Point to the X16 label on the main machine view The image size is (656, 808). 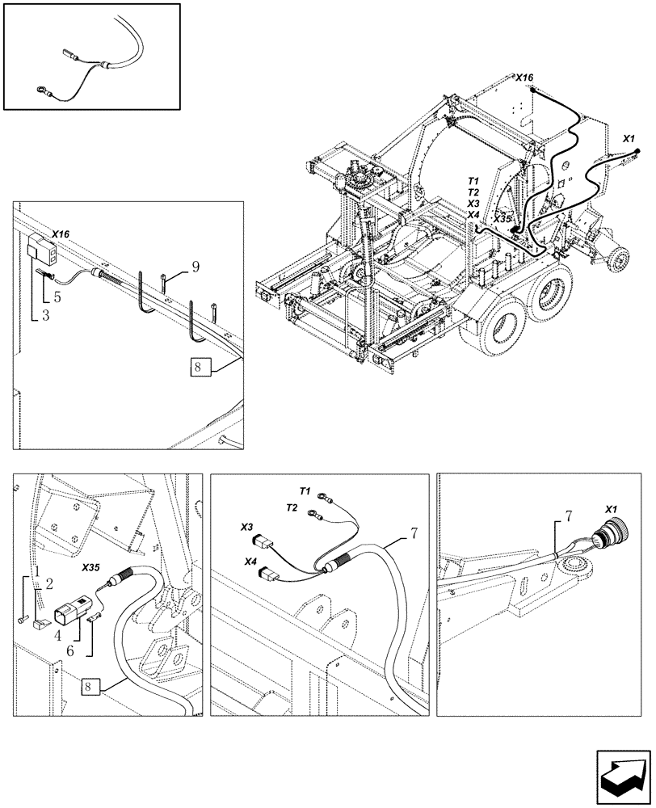tap(525, 78)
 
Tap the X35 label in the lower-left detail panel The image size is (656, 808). tap(91, 567)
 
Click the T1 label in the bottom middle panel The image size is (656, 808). tap(305, 490)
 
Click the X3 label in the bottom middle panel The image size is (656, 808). tap(246, 526)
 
